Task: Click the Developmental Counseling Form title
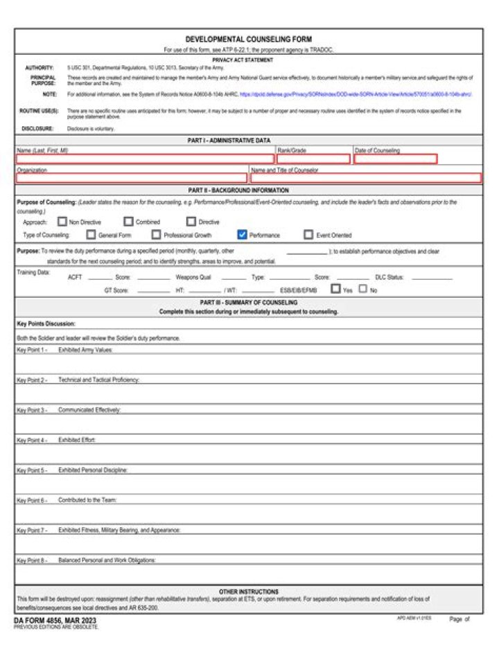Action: [248, 39]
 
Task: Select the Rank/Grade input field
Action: [313, 159]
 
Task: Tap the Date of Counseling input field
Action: [395, 159]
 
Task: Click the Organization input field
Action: [131, 178]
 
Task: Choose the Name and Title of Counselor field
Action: [365, 178]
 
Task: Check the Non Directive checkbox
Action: [62, 222]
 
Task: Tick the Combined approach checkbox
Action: [128, 222]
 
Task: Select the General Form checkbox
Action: [91, 235]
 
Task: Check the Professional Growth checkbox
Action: [156, 235]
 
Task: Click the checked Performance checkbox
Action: [242, 235]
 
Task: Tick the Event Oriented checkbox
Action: [308, 235]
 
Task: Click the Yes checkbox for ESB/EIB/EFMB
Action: [335, 290]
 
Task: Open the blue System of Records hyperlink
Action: [355, 94]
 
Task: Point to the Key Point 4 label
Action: [31, 440]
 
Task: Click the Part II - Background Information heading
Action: [248, 190]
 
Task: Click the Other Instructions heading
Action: [248, 592]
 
